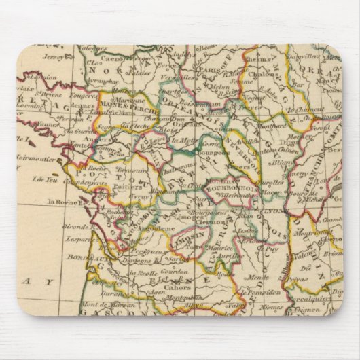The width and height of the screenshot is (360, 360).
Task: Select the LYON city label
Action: pos(276,211)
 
